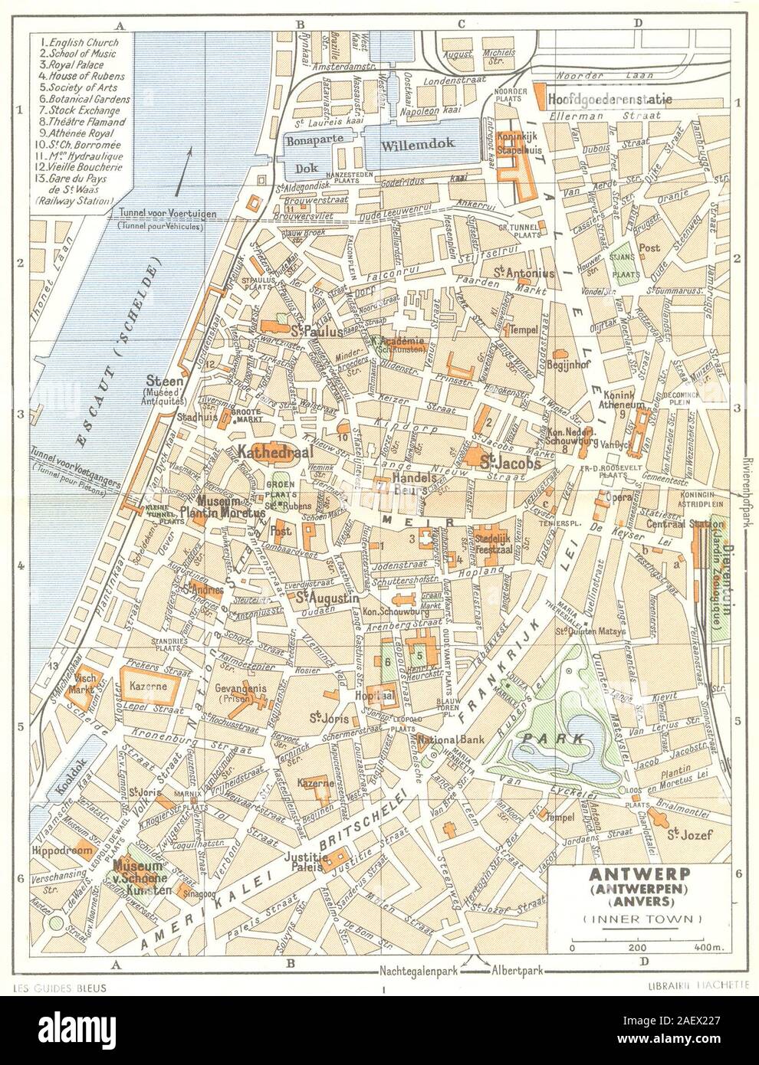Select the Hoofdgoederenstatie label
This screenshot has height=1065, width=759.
point(609,100)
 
